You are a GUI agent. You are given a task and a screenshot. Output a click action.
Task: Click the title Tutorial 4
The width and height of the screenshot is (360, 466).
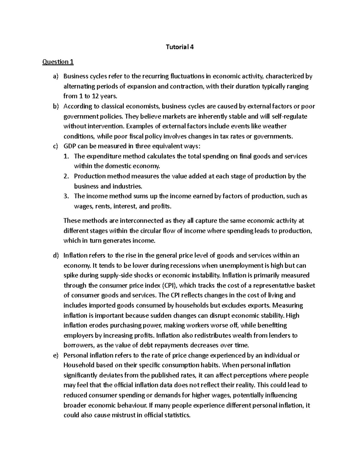tap(180, 47)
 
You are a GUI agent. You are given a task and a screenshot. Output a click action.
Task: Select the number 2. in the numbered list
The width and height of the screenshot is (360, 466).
tap(67, 176)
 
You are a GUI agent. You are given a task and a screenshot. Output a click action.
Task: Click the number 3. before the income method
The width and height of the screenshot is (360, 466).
tap(67, 196)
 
